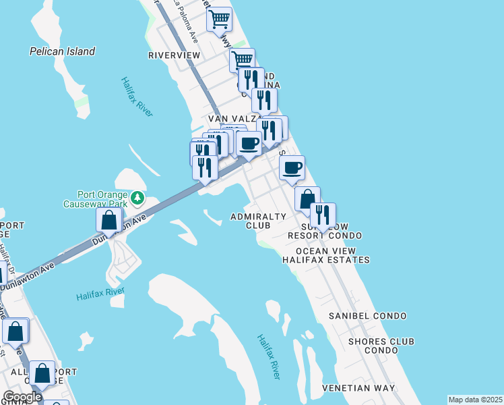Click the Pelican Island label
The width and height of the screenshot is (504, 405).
click(63, 51)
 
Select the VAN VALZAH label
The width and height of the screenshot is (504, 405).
click(232, 118)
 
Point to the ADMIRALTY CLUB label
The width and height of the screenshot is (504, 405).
click(258, 221)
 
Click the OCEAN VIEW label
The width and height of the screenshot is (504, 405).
click(325, 250)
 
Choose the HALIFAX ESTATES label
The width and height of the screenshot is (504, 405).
click(325, 259)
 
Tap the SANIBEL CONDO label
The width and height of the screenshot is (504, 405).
click(367, 316)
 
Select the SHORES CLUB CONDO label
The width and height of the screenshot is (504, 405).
click(381, 346)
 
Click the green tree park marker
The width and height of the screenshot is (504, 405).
click(137, 197)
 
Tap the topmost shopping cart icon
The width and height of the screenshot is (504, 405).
click(218, 20)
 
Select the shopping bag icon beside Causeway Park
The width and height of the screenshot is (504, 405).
click(108, 220)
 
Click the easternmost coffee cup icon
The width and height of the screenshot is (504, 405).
click(292, 168)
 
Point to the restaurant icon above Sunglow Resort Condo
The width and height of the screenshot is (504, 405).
click(323, 215)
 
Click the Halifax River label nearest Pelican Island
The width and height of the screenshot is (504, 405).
click(137, 97)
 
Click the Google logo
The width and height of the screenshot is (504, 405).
click(22, 397)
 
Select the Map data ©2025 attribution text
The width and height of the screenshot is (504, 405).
click(475, 400)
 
